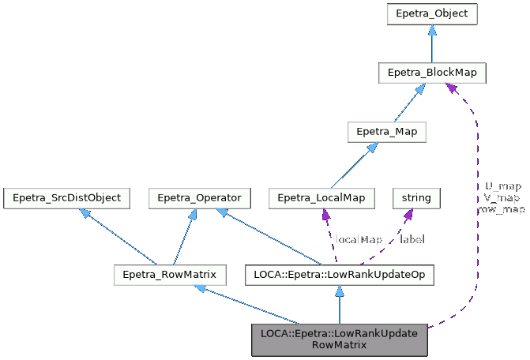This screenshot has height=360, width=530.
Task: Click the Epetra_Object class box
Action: (x=431, y=14)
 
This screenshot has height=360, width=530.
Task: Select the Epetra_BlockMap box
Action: (x=431, y=73)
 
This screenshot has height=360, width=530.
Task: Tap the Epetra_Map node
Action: (x=387, y=131)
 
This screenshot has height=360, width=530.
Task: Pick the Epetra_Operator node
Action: (x=200, y=197)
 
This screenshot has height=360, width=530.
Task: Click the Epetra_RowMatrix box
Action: (x=170, y=275)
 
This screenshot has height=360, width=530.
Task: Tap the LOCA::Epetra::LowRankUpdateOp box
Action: (x=340, y=275)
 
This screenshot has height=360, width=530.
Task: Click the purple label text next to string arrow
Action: (x=411, y=239)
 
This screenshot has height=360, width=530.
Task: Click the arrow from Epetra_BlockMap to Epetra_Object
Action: (x=431, y=43)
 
